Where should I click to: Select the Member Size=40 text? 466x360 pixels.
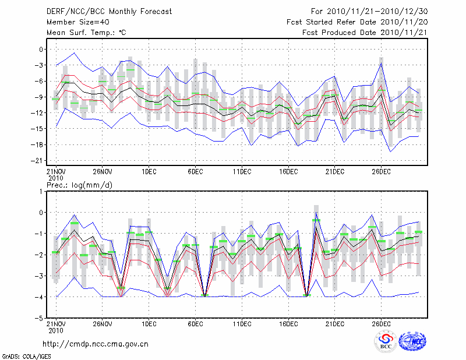point(74,22)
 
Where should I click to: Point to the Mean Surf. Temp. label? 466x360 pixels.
point(86,33)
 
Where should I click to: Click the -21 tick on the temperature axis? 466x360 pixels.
point(40,160)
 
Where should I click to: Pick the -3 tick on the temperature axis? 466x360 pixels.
point(41,65)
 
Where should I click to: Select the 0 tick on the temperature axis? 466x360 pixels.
point(42,50)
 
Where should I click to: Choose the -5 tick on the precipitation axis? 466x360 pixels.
point(41,319)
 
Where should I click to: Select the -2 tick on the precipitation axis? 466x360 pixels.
point(41,255)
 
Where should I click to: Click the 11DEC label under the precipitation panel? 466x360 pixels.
point(242,323)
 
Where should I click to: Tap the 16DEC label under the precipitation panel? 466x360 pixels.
point(288,323)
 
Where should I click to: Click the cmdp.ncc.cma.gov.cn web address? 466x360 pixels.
point(96,344)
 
